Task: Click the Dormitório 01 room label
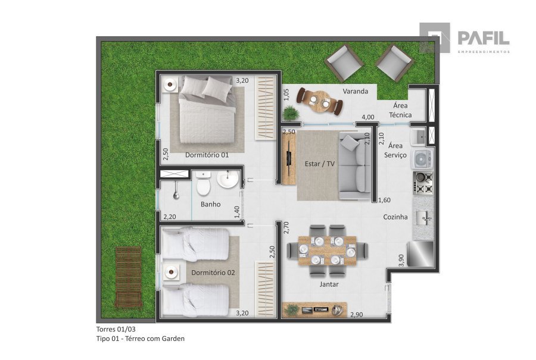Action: point(207,155)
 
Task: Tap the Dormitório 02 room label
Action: point(213,273)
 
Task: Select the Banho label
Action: point(211,204)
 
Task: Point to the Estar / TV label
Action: point(320,164)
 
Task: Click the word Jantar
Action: point(329,284)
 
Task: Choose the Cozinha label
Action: point(395,217)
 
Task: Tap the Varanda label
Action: point(356,91)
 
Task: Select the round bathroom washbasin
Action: point(228,179)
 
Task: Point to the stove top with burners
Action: point(423,183)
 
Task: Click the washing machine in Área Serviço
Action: point(422,159)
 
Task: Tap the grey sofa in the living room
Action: point(355,166)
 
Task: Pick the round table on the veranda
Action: point(320,101)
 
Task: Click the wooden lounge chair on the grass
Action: point(129,277)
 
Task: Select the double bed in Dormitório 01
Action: point(207,110)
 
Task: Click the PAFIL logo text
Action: point(484,38)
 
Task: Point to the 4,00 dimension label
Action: point(368,117)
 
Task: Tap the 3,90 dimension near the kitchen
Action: point(401,260)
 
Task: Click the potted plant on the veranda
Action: point(291,113)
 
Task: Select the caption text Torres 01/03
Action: point(116,329)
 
